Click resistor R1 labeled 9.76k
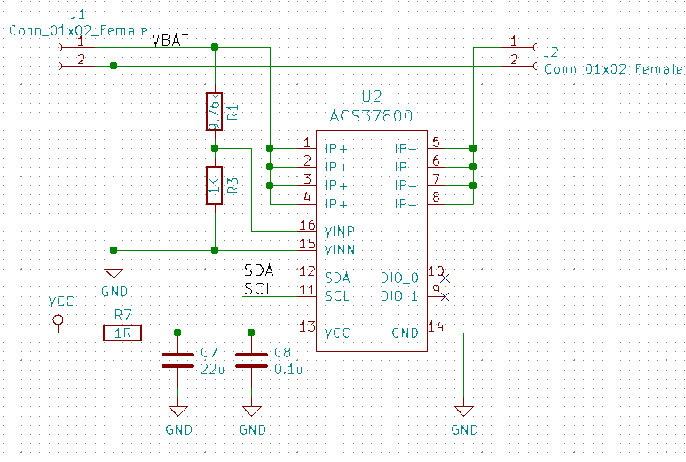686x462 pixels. (x=214, y=112)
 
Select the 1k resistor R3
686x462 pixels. (x=214, y=185)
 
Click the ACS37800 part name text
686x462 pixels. (x=370, y=116)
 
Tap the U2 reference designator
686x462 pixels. (x=371, y=97)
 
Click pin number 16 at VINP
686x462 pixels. (x=307, y=225)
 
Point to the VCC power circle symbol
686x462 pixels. (x=59, y=319)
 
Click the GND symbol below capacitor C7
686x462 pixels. (x=177, y=411)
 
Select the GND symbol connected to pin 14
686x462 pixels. (x=463, y=411)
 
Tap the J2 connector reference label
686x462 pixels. (x=551, y=51)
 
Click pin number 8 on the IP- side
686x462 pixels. (x=436, y=198)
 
